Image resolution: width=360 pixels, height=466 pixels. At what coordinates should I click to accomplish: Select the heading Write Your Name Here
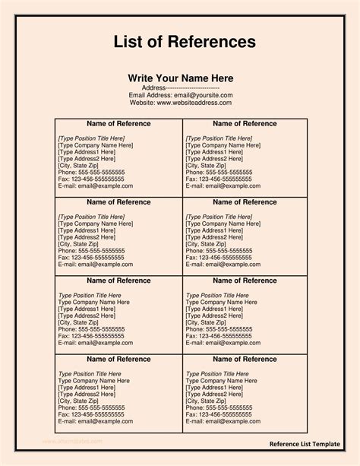pos(180,78)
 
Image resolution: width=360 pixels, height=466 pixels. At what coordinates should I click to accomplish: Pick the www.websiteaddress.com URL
pos(194,103)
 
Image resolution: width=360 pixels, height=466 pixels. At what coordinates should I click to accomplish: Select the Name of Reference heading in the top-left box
pos(118,123)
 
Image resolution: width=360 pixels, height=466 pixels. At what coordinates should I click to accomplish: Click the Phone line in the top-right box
pos(219,172)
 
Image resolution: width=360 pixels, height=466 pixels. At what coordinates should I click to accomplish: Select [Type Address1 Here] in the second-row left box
pos(87,230)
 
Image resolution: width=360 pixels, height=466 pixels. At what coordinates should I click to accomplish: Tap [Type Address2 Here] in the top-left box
pos(87,158)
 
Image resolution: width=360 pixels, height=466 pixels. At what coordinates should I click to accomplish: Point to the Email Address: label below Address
pos(150,96)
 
